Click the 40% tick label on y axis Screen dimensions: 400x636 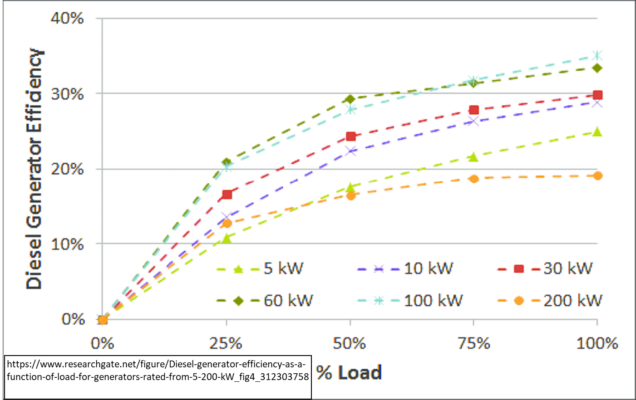(67, 19)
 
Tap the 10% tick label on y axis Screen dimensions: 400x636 (67, 244)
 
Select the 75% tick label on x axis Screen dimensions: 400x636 (473, 343)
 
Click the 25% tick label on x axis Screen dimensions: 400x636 (226, 343)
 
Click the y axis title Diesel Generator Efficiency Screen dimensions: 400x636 (34, 169)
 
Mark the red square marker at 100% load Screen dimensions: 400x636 (597, 95)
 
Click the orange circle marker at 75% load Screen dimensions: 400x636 (473, 179)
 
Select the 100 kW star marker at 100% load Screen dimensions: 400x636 (597, 55)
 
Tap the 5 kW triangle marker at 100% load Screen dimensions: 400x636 (597, 132)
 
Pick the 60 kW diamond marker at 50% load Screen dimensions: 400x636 (350, 99)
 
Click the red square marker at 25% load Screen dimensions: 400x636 (227, 195)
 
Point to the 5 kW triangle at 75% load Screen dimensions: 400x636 (473, 157)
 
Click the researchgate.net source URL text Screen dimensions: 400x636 (157, 371)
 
